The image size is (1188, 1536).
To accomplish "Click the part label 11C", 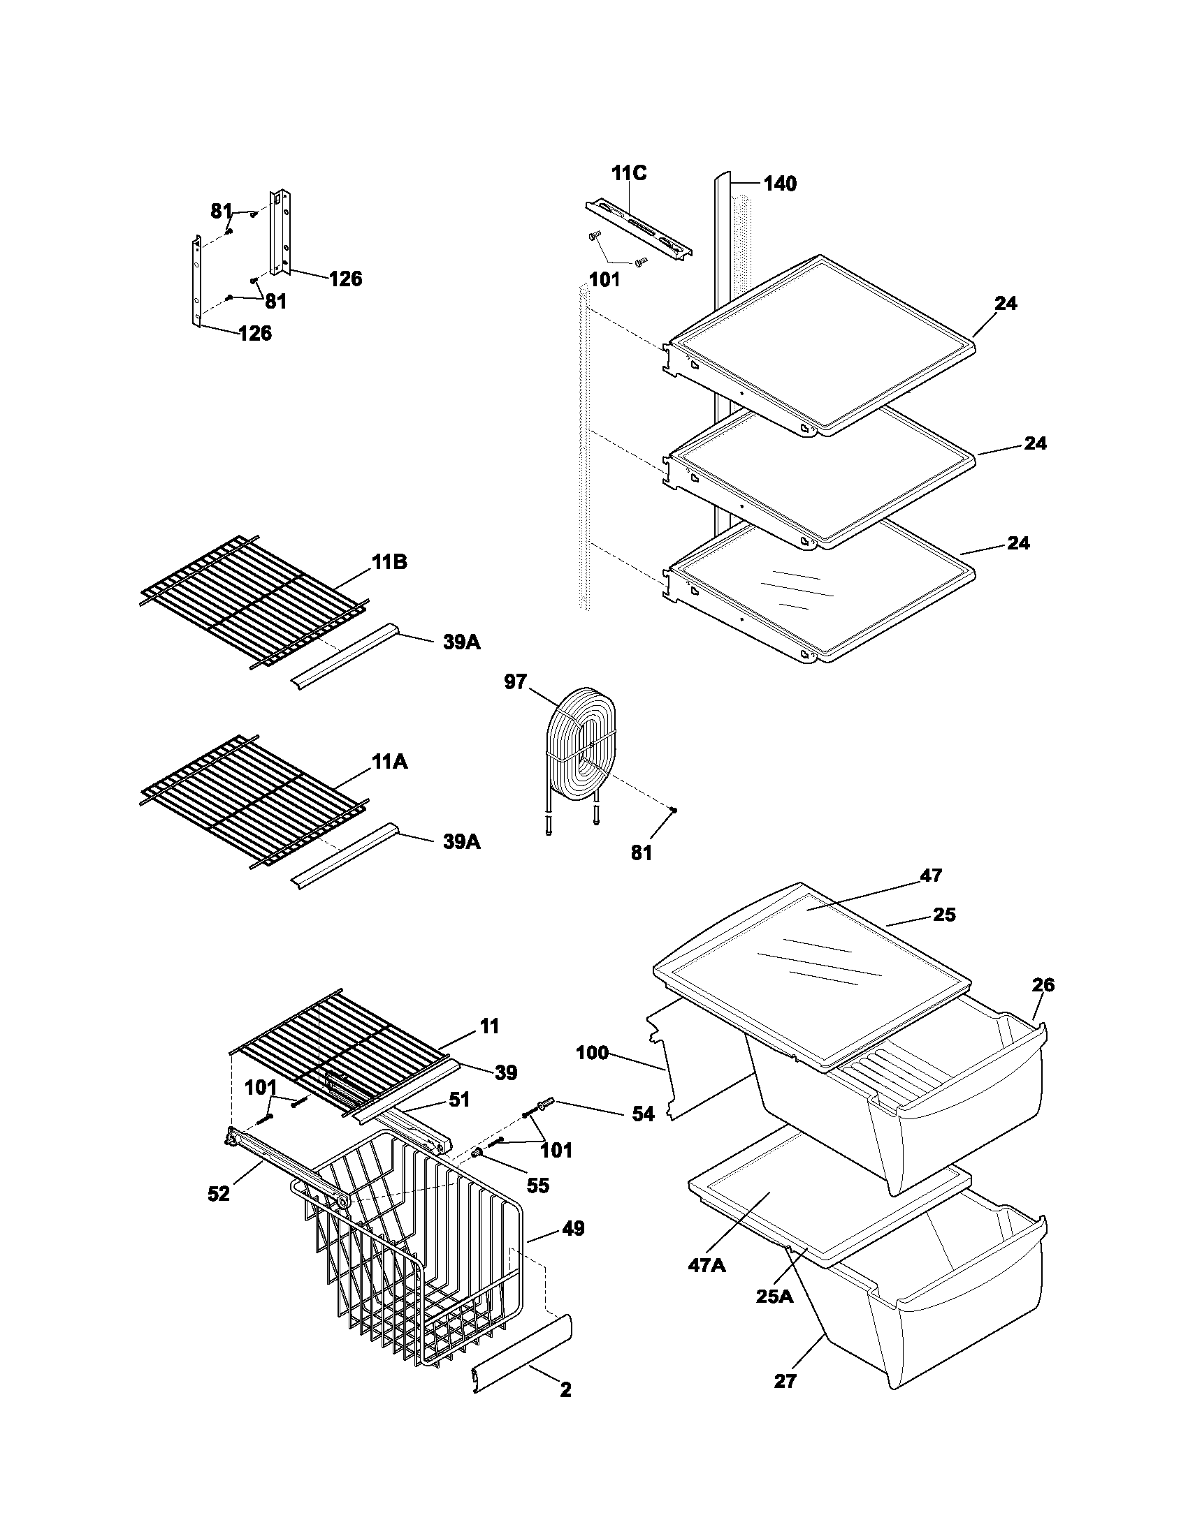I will click(x=628, y=173).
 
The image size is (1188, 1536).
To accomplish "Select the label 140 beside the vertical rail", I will click(x=780, y=184).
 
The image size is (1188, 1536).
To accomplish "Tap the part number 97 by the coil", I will click(x=515, y=681).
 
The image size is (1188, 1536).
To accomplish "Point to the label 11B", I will click(x=389, y=563).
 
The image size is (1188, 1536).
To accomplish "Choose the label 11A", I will click(x=389, y=762).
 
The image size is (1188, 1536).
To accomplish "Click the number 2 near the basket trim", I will click(x=565, y=1389).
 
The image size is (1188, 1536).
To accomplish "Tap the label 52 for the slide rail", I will click(x=219, y=1193).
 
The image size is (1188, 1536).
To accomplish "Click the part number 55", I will click(x=537, y=1186).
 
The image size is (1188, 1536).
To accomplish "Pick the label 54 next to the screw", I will click(x=642, y=1114).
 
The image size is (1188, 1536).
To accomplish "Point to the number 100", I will click(x=592, y=1053).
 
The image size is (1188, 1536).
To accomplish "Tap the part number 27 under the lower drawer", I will click(x=785, y=1381).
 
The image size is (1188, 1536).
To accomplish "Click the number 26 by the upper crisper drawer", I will click(x=1043, y=984).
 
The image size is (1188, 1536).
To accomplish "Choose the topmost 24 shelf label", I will click(x=1006, y=304).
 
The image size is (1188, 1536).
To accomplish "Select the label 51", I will click(x=459, y=1098).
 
